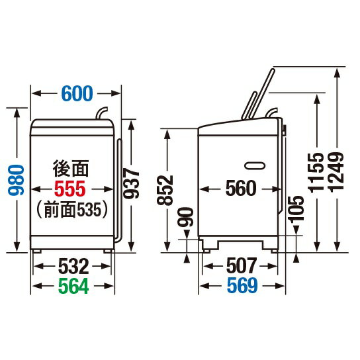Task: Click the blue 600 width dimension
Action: [77, 93]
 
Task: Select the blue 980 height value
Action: [16, 180]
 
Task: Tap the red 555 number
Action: [70, 189]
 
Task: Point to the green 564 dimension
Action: [73, 286]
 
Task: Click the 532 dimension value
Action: [73, 266]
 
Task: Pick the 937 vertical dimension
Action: [131, 183]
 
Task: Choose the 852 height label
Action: [165, 190]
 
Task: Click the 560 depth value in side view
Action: [241, 188]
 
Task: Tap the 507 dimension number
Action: [242, 266]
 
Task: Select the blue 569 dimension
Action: [242, 285]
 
